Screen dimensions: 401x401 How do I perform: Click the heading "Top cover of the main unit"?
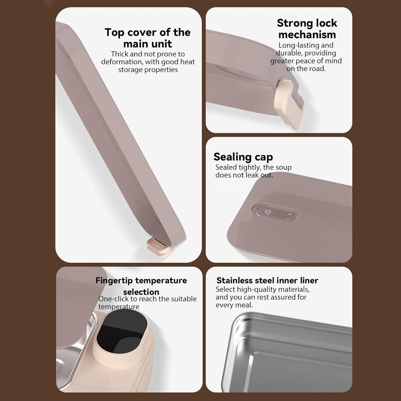pyautogui.click(x=147, y=38)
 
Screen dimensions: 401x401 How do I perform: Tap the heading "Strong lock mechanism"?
pyautogui.click(x=307, y=29)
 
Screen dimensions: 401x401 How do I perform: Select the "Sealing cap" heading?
pyautogui.click(x=243, y=157)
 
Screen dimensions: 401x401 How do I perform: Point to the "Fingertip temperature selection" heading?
pyautogui.click(x=141, y=286)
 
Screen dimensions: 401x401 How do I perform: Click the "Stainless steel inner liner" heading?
pyautogui.click(x=267, y=280)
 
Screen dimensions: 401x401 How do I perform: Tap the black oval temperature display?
pyautogui.click(x=122, y=332)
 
